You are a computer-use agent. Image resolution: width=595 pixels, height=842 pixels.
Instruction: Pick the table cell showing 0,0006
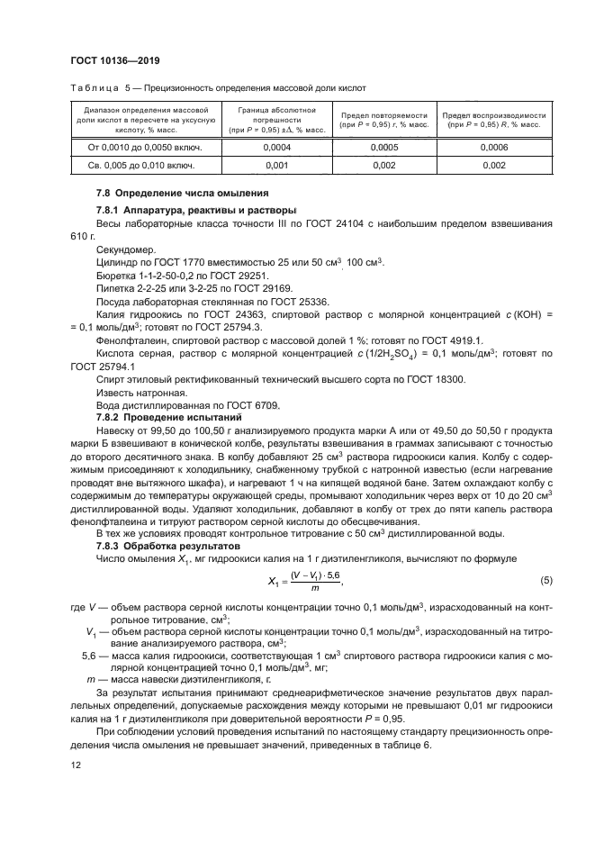(x=494, y=147)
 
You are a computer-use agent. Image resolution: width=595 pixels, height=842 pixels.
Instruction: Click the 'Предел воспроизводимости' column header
(x=494, y=116)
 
